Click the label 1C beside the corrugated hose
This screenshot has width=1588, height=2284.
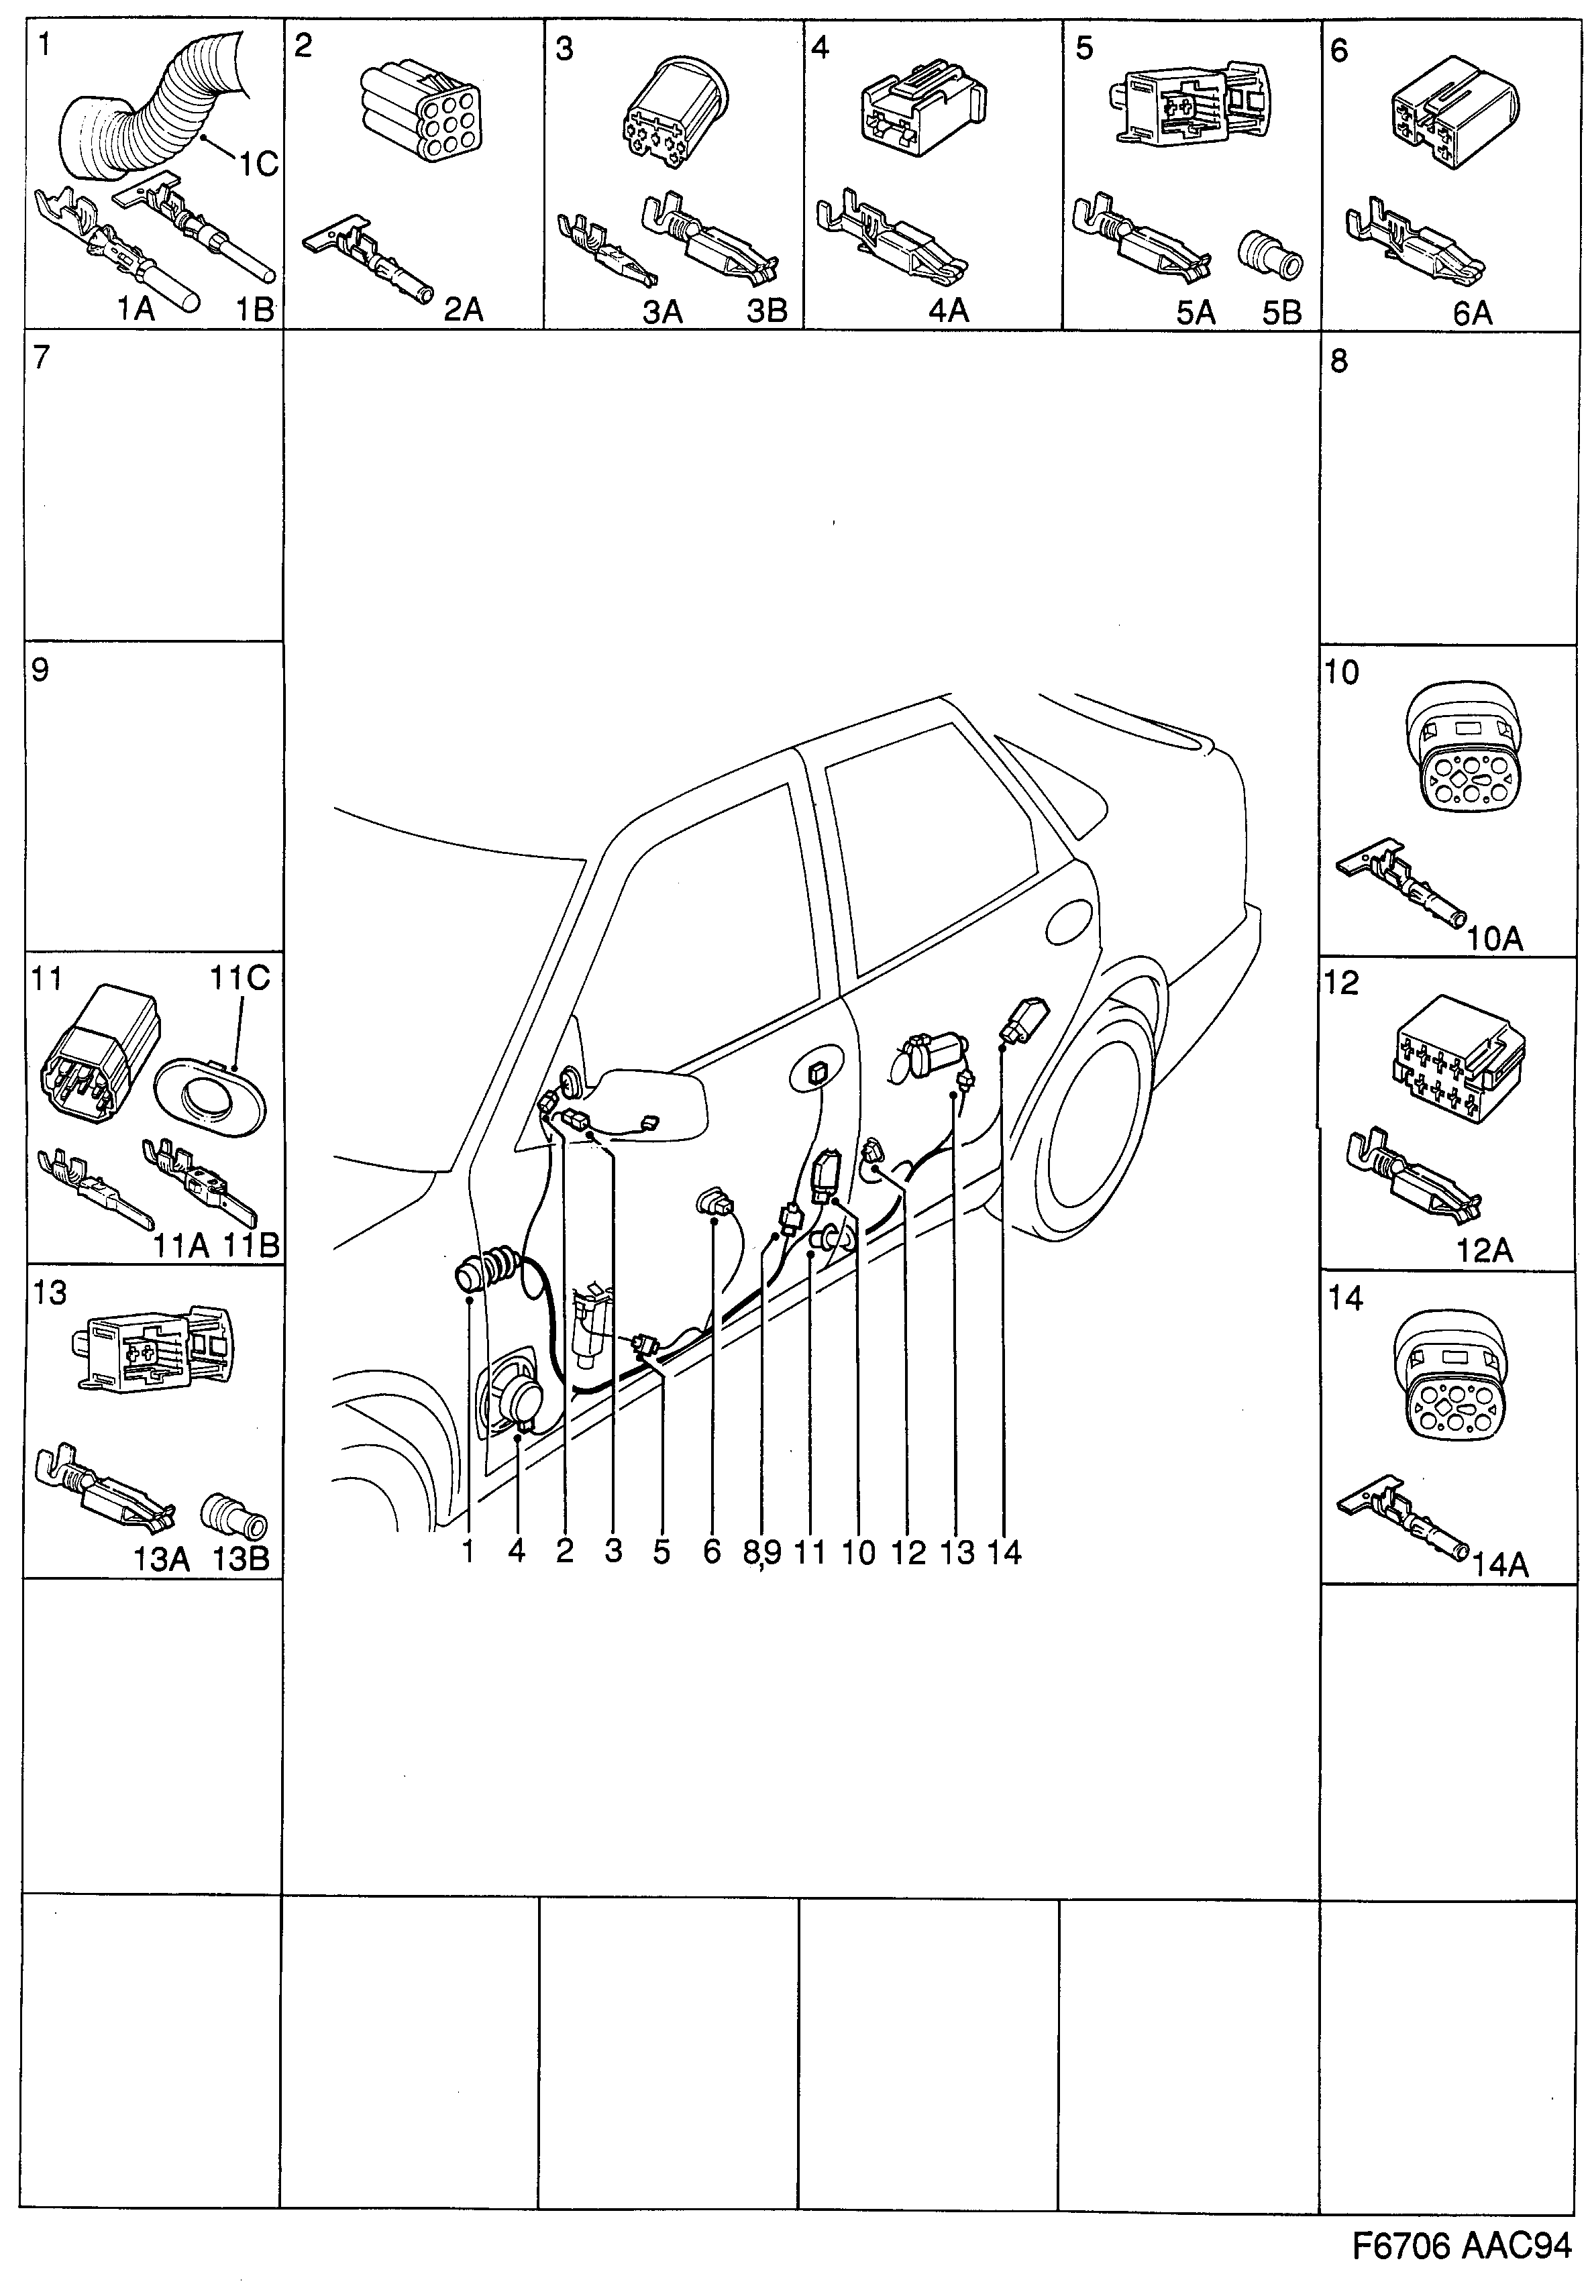[x=257, y=164]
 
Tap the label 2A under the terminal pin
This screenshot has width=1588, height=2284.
[x=463, y=311]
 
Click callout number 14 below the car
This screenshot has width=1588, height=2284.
[x=1004, y=1552]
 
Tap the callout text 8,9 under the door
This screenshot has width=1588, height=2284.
[x=762, y=1552]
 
